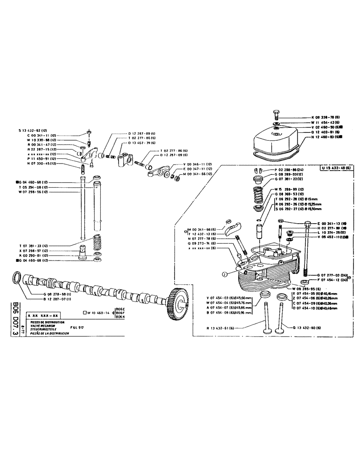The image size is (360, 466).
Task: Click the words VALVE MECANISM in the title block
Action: coord(43,325)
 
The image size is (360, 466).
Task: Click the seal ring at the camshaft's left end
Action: coord(15,278)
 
